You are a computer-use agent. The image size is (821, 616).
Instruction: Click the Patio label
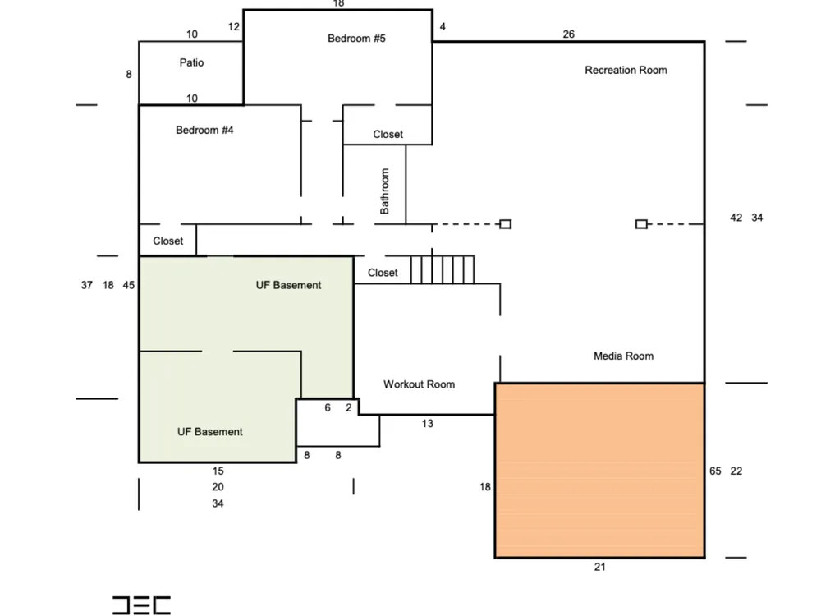(191, 62)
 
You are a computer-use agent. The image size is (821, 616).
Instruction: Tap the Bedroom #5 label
(356, 39)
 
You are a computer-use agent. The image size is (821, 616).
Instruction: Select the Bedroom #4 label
(204, 130)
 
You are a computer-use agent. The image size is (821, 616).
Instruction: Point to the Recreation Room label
(626, 70)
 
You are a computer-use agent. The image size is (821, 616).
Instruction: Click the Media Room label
(623, 356)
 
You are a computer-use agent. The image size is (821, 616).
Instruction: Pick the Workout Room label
(419, 384)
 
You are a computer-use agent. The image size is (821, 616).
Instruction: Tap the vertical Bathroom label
(385, 191)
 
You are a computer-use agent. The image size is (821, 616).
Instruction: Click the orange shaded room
(599, 471)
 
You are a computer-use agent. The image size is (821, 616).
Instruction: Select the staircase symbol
(443, 269)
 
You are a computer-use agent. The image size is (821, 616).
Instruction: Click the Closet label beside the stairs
(383, 273)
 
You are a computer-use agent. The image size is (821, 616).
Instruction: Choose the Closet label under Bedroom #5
(388, 134)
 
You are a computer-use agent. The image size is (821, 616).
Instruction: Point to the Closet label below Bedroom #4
(168, 241)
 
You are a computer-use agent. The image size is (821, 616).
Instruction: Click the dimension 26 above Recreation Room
(569, 34)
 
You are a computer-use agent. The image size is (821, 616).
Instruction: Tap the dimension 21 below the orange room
(600, 567)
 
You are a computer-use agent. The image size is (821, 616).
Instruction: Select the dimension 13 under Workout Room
(427, 424)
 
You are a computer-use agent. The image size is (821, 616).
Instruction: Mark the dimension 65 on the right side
(715, 471)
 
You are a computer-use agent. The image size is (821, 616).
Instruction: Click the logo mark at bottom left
(141, 605)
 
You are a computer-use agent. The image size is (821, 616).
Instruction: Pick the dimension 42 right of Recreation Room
(736, 218)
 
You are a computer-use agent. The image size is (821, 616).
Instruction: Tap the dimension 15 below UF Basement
(218, 471)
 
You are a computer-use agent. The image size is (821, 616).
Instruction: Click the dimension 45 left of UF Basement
(129, 285)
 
